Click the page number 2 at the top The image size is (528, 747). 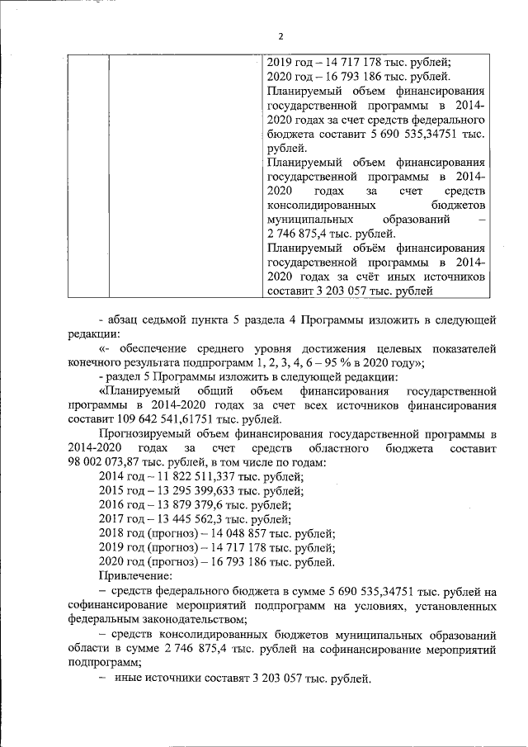280,37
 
